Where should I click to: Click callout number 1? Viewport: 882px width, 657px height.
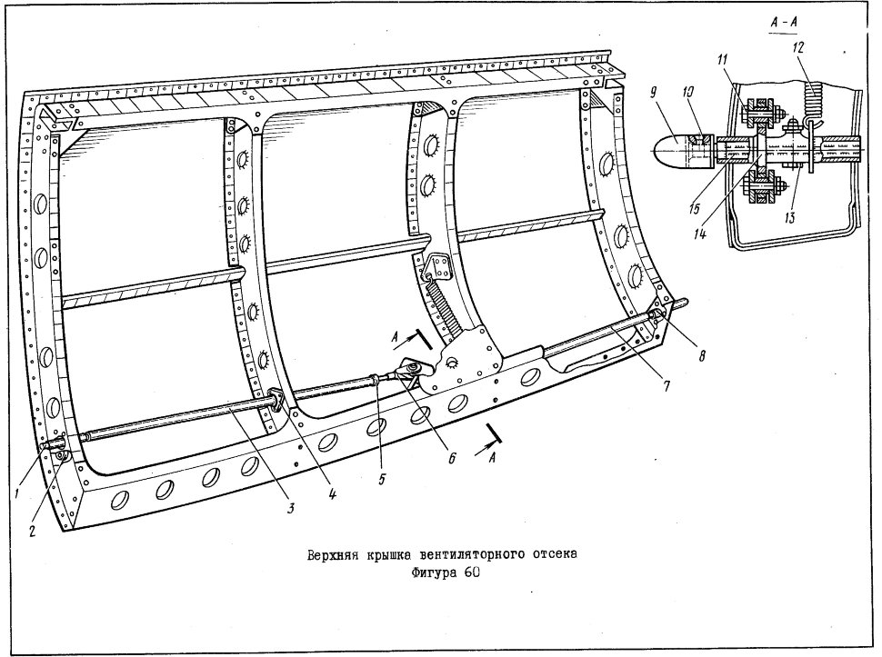(x=18, y=493)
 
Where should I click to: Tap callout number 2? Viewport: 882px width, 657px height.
(x=33, y=530)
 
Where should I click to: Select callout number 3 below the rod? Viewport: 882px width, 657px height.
(x=291, y=508)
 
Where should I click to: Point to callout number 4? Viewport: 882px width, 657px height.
(x=333, y=494)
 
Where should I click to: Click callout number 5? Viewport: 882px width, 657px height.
(x=382, y=481)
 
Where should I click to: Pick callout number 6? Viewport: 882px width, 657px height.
(x=452, y=459)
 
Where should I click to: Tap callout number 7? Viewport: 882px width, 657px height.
(x=666, y=386)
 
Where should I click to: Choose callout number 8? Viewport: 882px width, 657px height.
(x=701, y=355)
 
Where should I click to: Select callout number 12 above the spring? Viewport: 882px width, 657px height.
(x=798, y=48)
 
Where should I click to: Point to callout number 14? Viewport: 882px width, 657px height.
(x=700, y=233)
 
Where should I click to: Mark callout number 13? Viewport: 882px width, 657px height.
(x=790, y=217)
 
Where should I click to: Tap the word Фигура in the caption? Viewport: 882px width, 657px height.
(x=431, y=572)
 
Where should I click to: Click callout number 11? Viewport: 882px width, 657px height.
(x=722, y=58)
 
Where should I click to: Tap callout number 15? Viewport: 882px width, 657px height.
(x=694, y=207)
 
